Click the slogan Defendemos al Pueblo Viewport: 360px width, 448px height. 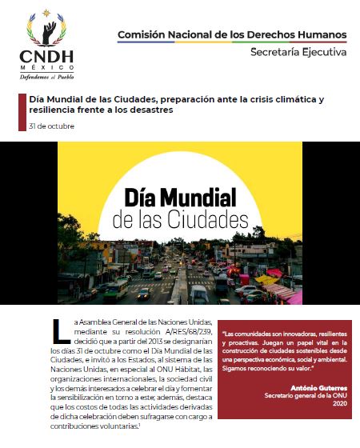click(45, 78)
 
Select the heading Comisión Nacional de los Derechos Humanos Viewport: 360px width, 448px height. click(232, 35)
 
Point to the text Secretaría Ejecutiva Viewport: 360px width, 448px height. click(299, 53)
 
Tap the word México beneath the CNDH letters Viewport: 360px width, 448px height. click(45, 68)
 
